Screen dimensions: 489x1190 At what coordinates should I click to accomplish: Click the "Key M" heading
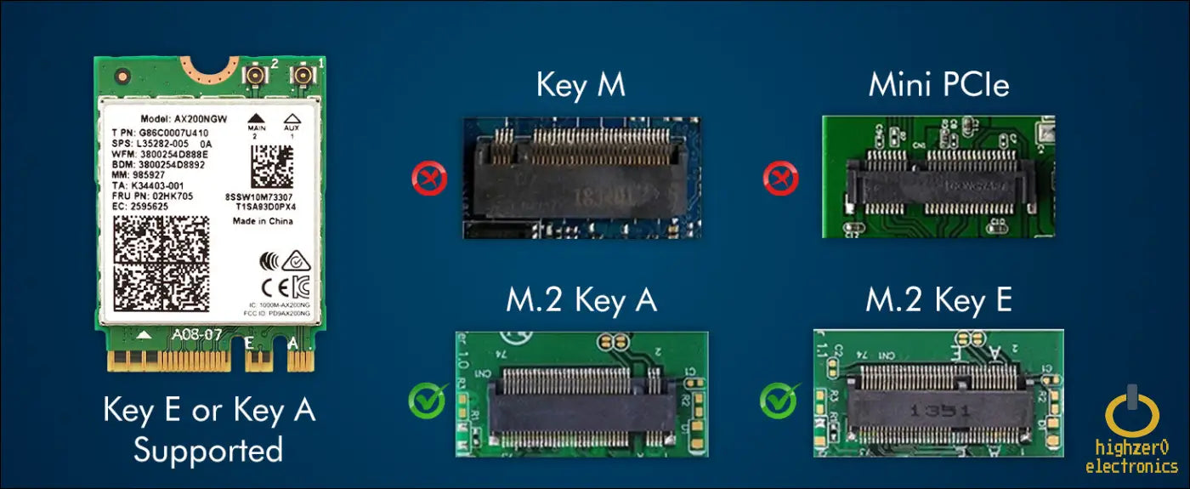pos(581,86)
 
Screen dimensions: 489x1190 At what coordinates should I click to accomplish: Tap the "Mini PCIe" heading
pos(938,86)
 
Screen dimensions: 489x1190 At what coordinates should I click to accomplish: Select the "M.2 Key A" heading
pos(581,301)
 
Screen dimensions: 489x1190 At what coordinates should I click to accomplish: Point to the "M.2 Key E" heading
pos(938,300)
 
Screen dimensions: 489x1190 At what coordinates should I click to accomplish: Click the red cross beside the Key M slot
pos(428,179)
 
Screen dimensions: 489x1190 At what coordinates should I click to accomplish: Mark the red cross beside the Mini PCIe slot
pos(780,179)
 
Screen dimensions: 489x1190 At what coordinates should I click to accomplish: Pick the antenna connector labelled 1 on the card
pos(300,77)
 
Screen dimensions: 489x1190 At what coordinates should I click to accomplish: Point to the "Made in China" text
pos(263,221)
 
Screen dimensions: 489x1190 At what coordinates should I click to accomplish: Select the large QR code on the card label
pos(161,263)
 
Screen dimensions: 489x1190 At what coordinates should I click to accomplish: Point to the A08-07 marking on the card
pos(197,335)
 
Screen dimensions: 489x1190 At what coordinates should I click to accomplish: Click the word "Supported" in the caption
pos(207,450)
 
